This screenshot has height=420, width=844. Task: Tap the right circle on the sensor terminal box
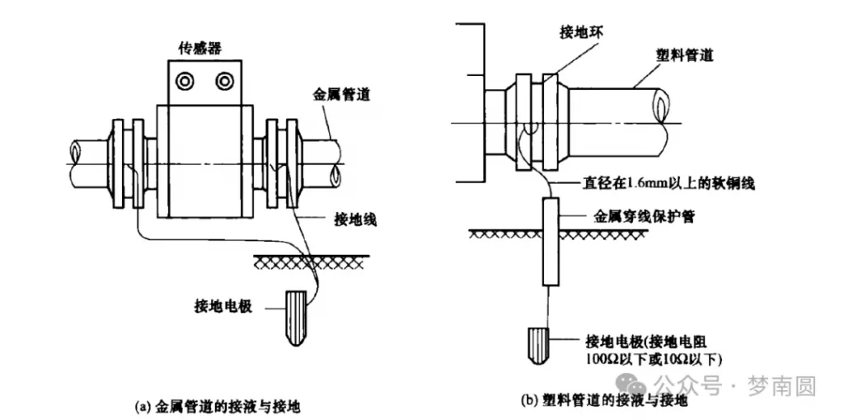pos(224,81)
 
